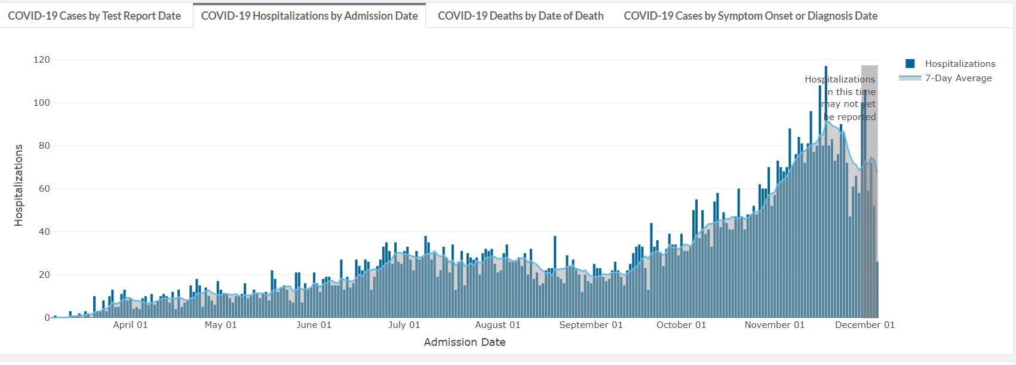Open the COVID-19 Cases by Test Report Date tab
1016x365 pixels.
tap(94, 16)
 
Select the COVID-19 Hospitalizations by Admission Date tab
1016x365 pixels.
tap(309, 16)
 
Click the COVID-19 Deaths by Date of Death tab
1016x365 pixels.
tap(520, 16)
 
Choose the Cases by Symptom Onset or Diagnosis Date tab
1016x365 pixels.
tap(750, 16)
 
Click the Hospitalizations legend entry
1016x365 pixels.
tap(960, 64)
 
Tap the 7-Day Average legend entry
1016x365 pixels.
tap(958, 78)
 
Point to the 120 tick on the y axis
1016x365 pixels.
tap(42, 60)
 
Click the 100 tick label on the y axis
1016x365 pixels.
tap(42, 103)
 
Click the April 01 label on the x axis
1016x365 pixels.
tap(130, 325)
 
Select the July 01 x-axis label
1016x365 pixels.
tap(404, 325)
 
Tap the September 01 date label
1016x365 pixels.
tap(591, 325)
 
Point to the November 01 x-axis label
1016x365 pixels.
tap(774, 325)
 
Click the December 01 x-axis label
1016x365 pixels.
tap(864, 325)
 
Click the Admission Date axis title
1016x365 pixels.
tap(465, 342)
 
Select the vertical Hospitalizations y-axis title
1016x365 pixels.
tap(19, 185)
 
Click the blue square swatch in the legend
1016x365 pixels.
tap(910, 64)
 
